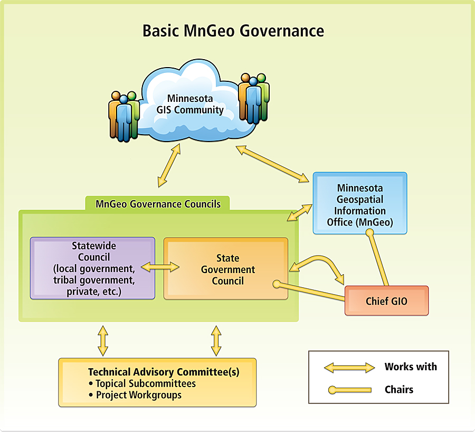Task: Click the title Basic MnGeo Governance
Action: [233, 31]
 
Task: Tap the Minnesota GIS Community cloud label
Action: [191, 105]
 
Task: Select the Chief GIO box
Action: [386, 301]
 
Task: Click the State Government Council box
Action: [227, 269]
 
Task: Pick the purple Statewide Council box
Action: [92, 268]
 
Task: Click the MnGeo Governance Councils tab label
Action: [158, 204]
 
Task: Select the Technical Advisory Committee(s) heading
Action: [164, 372]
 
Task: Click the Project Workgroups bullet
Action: [138, 395]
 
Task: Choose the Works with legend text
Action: [411, 367]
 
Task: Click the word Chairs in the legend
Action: [398, 390]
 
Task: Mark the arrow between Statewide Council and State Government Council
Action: [160, 268]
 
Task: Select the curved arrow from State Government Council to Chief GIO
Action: [317, 262]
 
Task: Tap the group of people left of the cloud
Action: [124, 116]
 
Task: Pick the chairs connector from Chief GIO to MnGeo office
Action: [379, 259]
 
